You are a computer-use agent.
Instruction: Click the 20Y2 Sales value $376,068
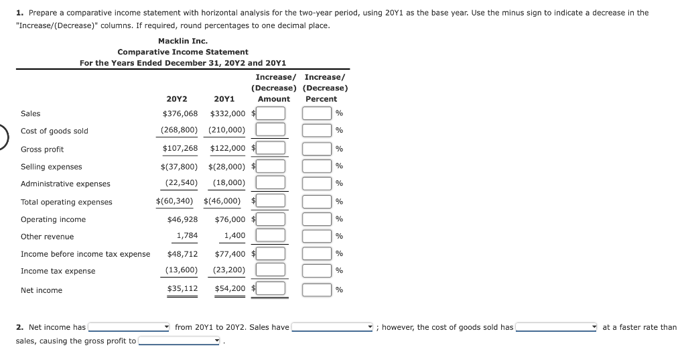pyautogui.click(x=180, y=113)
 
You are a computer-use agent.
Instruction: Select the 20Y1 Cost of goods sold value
pyautogui.click(x=226, y=130)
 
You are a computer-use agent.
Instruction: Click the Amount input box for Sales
pyautogui.click(x=271, y=113)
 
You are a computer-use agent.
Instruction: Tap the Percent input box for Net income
pyautogui.click(x=317, y=290)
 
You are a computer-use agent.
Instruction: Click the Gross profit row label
pyautogui.click(x=42, y=149)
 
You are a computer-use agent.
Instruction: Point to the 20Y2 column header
pyautogui.click(x=176, y=99)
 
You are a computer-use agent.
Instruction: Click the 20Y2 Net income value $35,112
pyautogui.click(x=182, y=288)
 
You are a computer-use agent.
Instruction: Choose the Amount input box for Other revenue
pyautogui.click(x=271, y=235)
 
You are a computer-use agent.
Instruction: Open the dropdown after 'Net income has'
pyautogui.click(x=130, y=327)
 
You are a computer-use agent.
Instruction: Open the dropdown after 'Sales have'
pyautogui.click(x=332, y=327)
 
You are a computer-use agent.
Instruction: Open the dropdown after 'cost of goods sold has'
pyautogui.click(x=557, y=327)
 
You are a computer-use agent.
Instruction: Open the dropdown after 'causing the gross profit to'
pyautogui.click(x=180, y=341)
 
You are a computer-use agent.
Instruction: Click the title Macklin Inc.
pyautogui.click(x=183, y=41)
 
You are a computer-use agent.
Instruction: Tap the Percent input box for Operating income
pyautogui.click(x=317, y=219)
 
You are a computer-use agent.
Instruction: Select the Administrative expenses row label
pyautogui.click(x=66, y=184)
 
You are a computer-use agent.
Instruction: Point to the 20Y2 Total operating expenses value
pyautogui.click(x=174, y=200)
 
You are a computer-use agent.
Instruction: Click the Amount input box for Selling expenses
pyautogui.click(x=271, y=166)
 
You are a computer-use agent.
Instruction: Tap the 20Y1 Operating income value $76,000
pyautogui.click(x=230, y=219)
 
